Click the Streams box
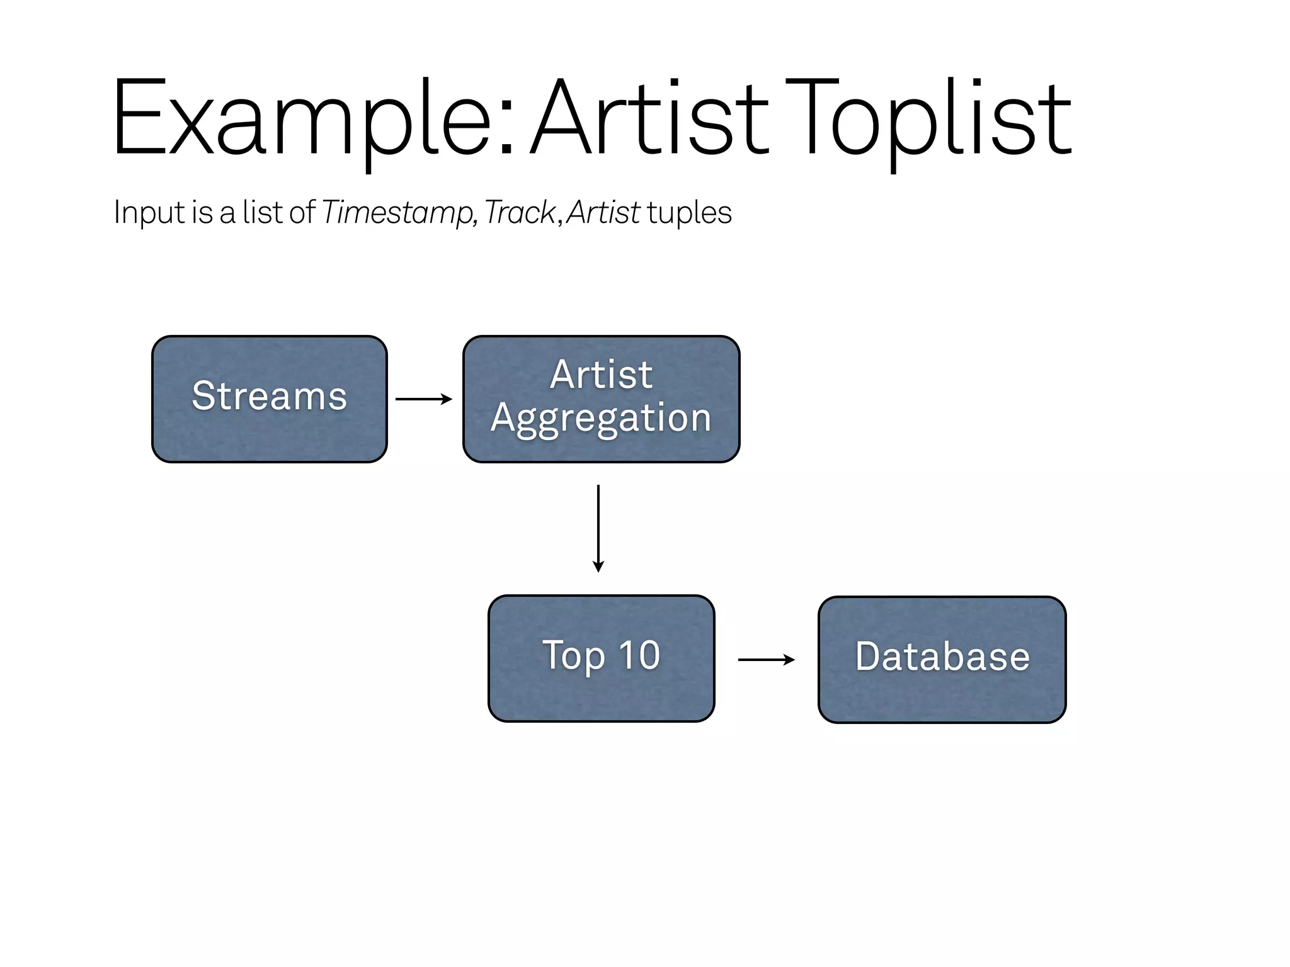[x=269, y=399]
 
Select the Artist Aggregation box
[x=601, y=399]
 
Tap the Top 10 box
[x=601, y=658]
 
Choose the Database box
[x=942, y=659]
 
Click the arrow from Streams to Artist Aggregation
[x=423, y=399]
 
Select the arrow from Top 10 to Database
[x=766, y=660]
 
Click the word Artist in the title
[x=649, y=120]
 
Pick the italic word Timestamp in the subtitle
[x=397, y=213]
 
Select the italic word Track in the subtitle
[x=519, y=213]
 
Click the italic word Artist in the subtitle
[x=603, y=213]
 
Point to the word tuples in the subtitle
[x=689, y=213]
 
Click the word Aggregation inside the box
[x=601, y=419]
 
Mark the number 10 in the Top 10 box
[x=639, y=655]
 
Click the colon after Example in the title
[x=507, y=129]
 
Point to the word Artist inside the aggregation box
[x=601, y=375]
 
